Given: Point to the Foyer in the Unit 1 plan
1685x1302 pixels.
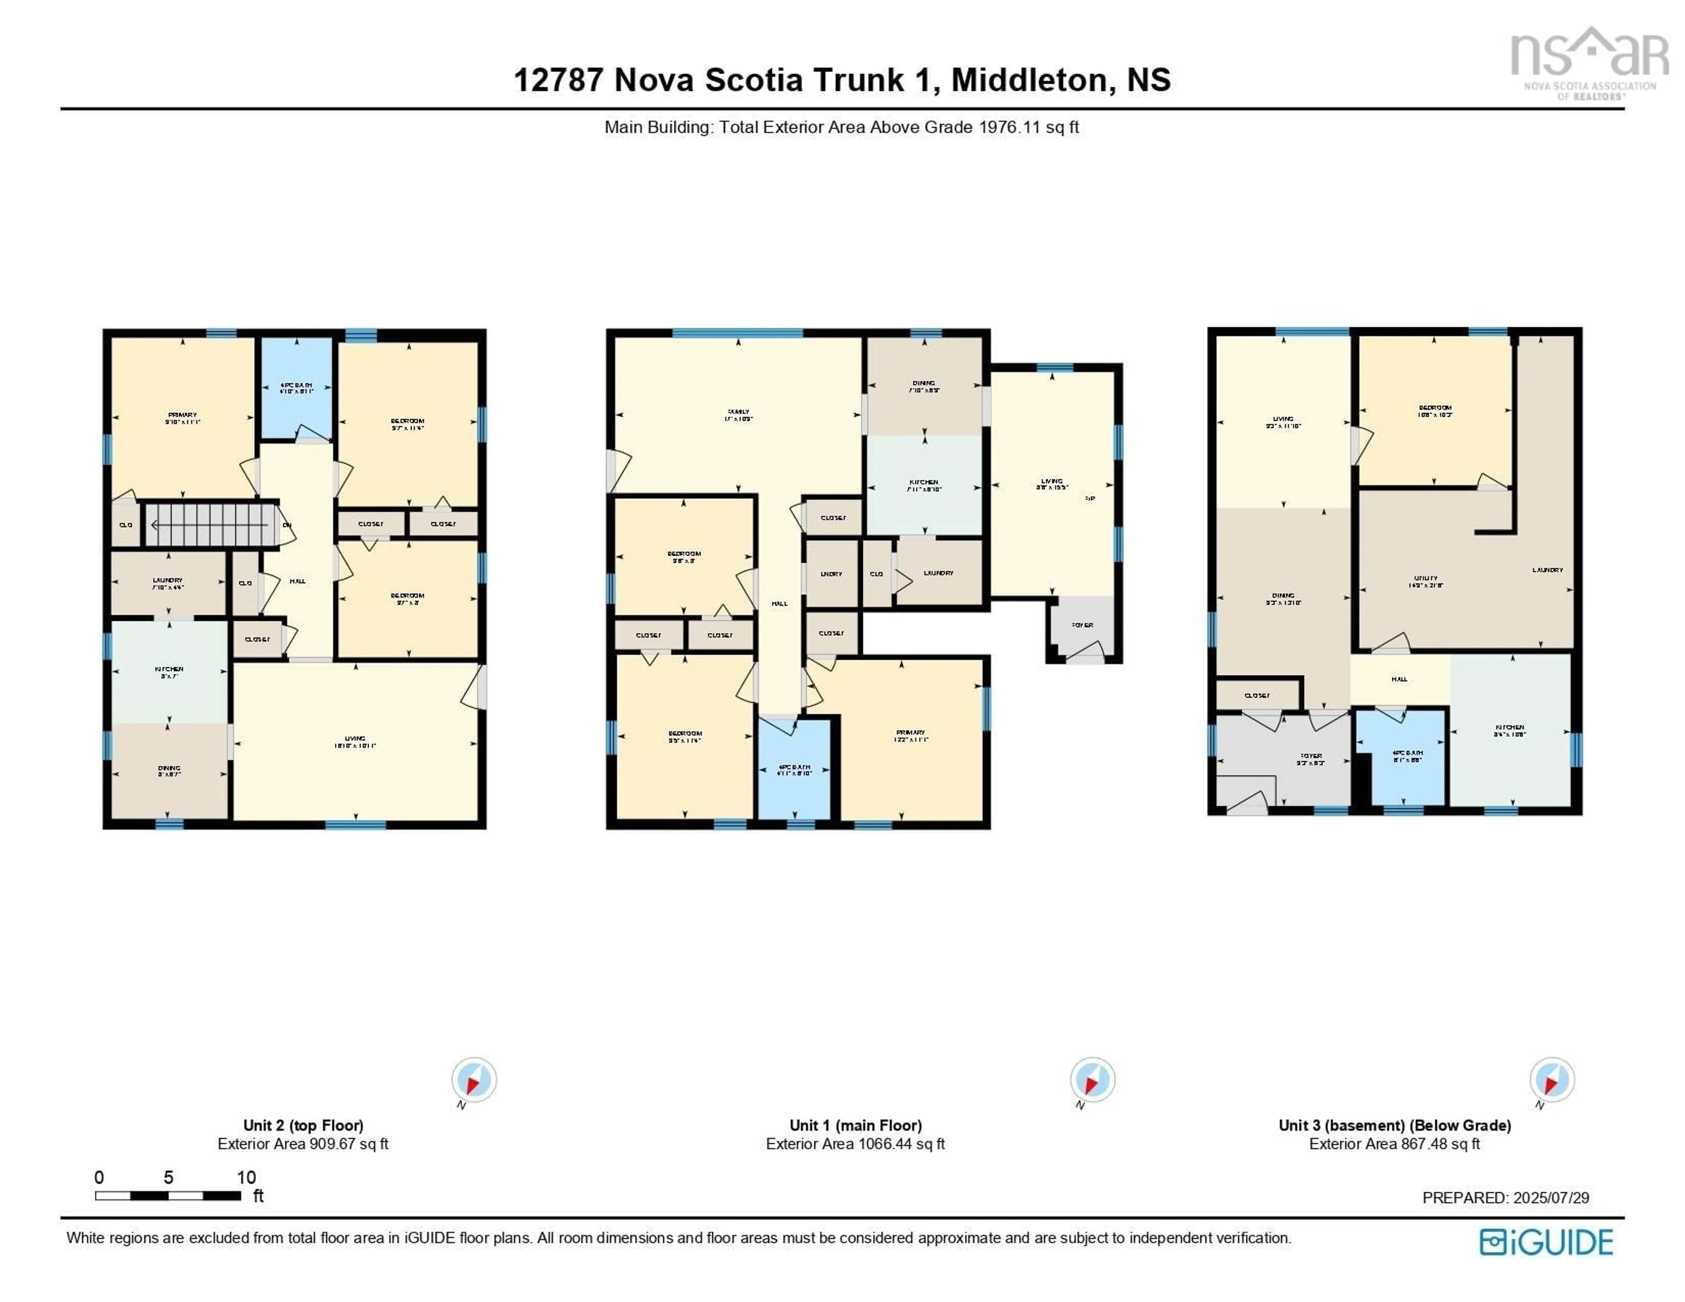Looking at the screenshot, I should [1083, 626].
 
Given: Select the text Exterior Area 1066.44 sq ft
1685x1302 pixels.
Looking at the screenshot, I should [855, 1144].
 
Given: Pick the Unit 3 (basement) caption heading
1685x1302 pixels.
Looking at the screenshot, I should [1394, 1125].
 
